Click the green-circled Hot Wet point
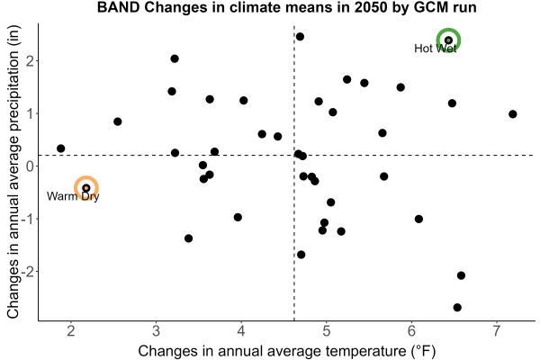pos(448,40)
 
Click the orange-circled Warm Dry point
pos(86,188)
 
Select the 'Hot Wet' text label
pos(436,49)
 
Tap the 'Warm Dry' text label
pos(73,196)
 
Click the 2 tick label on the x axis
pos(71,331)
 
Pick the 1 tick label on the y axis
pos(30,113)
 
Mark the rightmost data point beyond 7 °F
pos(513,114)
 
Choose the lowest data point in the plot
pos(457,307)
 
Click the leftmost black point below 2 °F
pos(60,148)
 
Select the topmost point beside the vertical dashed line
pos(300,37)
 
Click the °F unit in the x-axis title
pos(424,351)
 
